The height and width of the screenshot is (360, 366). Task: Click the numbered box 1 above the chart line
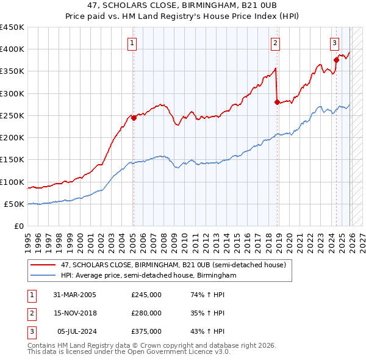click(x=132, y=43)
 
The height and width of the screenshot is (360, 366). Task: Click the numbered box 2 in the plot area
click(x=276, y=43)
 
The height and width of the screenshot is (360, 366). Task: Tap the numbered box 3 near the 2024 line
click(x=335, y=43)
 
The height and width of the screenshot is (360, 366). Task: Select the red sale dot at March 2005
click(x=134, y=118)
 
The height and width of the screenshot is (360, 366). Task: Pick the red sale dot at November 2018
click(x=278, y=103)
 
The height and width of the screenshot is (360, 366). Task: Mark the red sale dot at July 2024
click(x=336, y=60)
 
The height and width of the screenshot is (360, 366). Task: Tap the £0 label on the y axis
click(x=18, y=226)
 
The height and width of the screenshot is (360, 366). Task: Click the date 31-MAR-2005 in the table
click(x=74, y=295)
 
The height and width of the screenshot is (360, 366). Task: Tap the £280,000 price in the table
click(x=146, y=313)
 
